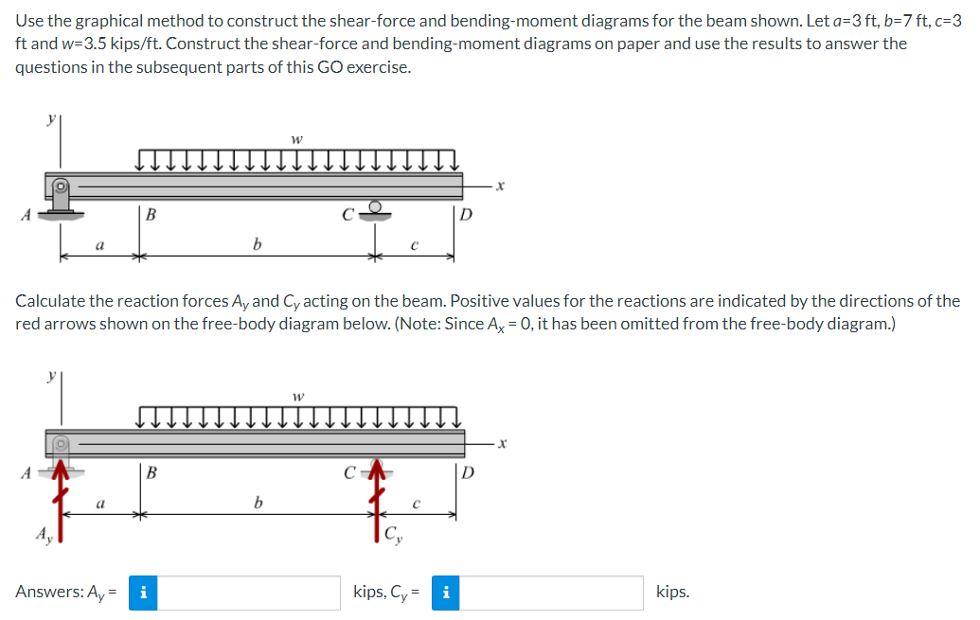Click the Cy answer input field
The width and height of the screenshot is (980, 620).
[x=554, y=593]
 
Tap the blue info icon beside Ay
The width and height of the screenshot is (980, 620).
[x=142, y=593]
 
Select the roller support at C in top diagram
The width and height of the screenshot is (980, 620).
[x=376, y=208]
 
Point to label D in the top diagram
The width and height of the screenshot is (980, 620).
[x=465, y=213]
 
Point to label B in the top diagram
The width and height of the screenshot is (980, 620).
[x=151, y=214]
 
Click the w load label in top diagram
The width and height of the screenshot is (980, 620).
[x=297, y=139]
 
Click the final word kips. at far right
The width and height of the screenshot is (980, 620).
[x=672, y=593]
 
